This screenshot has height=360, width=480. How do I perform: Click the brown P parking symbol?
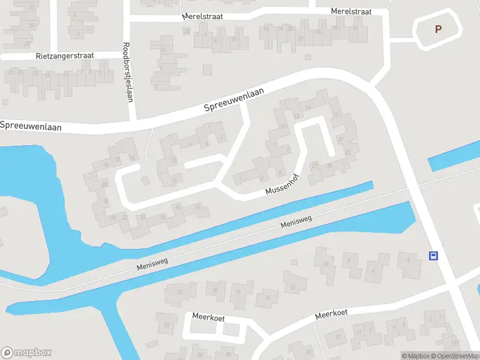(438, 29)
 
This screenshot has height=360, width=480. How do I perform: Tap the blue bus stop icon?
(433, 256)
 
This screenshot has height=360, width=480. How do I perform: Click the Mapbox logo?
(26, 353)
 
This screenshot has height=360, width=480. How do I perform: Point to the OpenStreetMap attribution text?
(455, 356)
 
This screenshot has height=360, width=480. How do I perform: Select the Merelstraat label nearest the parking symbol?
(351, 11)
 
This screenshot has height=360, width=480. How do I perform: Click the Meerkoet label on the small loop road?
(208, 316)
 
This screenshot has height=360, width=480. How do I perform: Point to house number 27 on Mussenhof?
(314, 166)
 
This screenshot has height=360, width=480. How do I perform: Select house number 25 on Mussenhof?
(329, 166)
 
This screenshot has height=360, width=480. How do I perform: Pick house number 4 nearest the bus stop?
(408, 260)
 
